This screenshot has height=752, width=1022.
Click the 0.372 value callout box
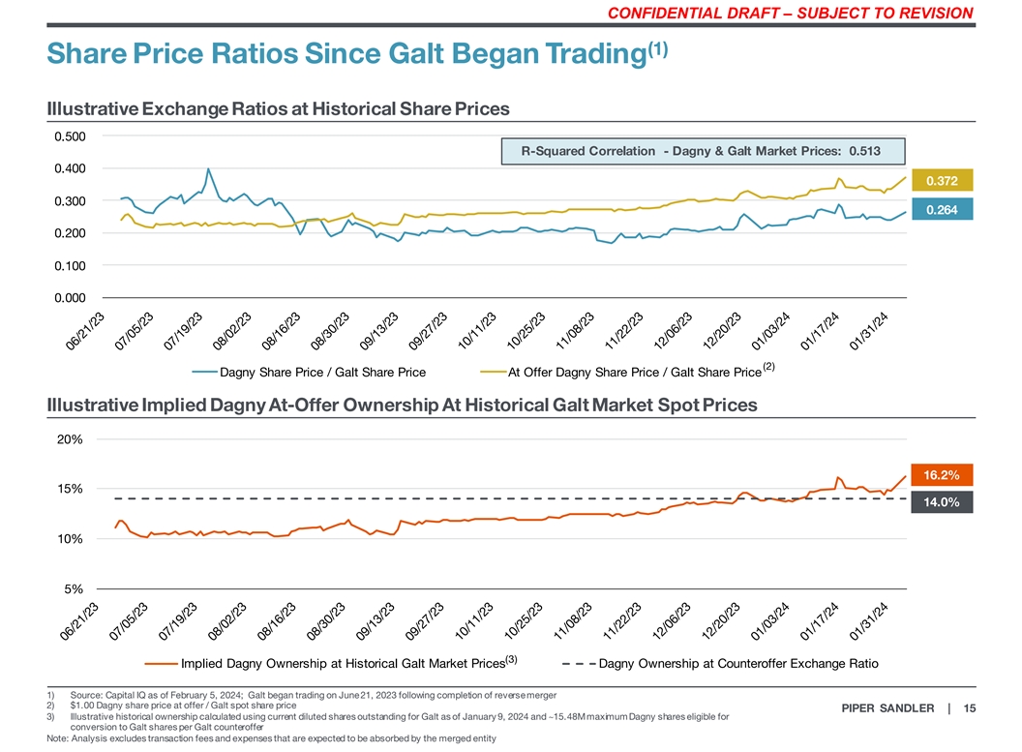point(943,181)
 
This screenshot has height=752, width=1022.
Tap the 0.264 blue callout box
point(943,210)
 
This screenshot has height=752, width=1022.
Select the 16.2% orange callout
point(942,474)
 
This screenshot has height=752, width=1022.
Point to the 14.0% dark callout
point(942,502)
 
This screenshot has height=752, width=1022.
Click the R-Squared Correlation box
point(702,151)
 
